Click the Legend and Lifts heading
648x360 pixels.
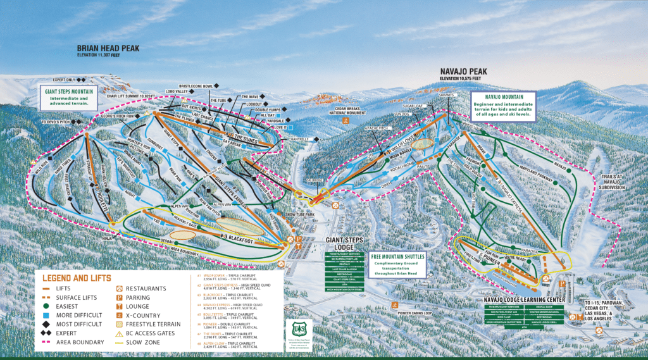pos(77,278)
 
